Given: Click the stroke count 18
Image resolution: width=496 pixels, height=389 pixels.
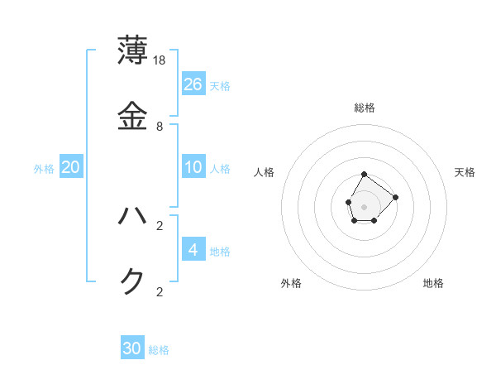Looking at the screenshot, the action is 160,60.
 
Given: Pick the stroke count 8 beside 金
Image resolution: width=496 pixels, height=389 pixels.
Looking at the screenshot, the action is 160,127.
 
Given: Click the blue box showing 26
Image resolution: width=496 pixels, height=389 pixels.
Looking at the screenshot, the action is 193,84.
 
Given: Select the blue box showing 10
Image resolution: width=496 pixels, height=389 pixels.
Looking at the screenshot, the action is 193,167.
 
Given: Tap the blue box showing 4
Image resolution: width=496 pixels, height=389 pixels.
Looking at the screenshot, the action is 193,249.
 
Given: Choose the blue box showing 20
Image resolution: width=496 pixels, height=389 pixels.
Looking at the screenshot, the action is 71,167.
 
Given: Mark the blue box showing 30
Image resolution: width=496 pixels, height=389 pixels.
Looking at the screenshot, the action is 132,348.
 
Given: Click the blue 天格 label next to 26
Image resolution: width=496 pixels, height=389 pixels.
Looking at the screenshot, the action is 220,86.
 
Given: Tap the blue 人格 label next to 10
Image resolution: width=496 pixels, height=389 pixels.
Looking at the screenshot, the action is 220,169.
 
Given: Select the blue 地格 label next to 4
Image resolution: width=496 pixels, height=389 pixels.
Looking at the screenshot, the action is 220,252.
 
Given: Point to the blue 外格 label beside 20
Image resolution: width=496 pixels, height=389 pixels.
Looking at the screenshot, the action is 44,169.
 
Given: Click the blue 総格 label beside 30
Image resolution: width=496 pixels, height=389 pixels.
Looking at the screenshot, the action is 159,351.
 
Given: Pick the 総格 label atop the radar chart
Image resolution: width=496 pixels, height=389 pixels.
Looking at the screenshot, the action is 365,108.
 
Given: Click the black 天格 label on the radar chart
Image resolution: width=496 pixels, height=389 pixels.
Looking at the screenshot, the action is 465,172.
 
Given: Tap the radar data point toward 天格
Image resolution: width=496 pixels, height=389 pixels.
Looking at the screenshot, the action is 396,196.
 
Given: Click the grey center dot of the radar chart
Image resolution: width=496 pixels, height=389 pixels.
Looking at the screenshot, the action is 365,206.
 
